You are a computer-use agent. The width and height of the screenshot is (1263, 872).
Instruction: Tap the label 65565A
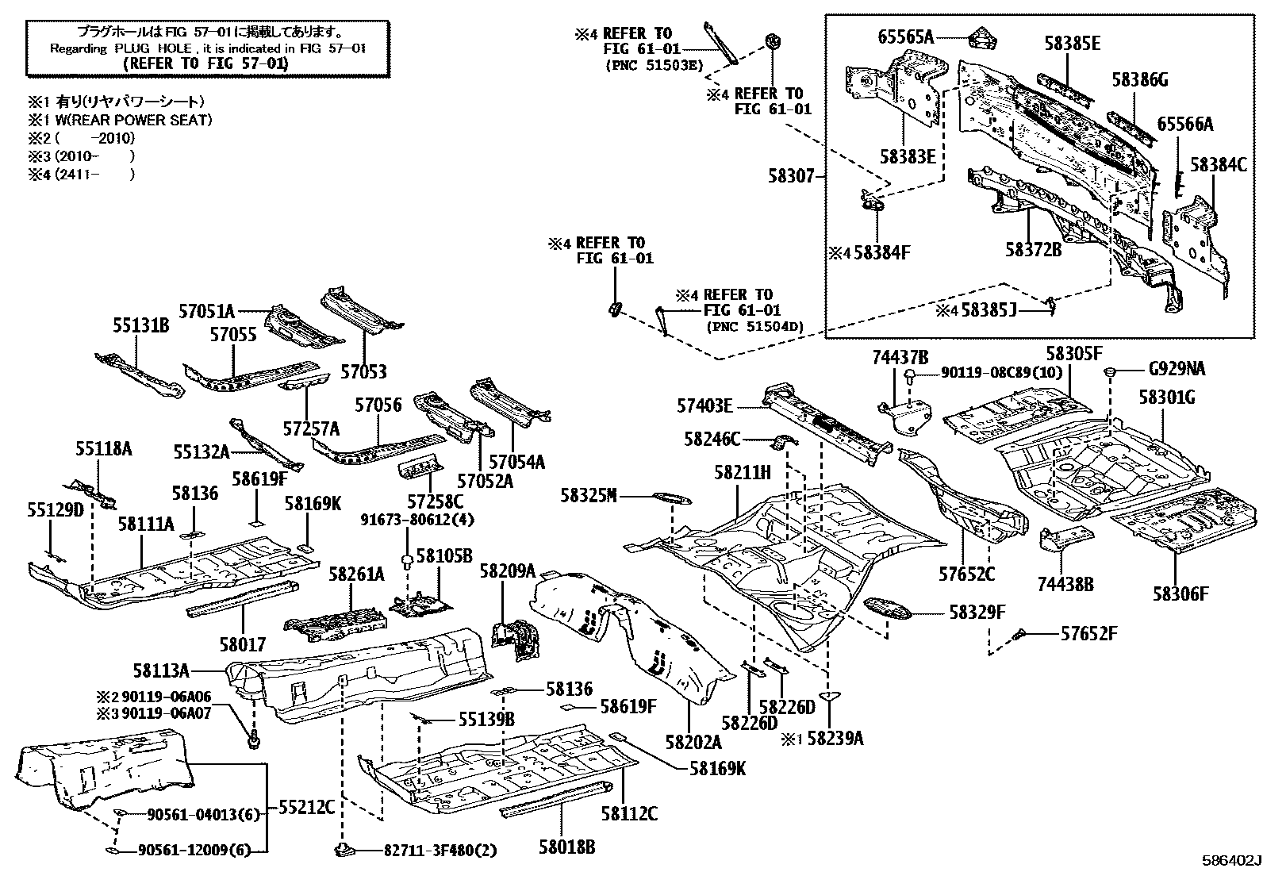coord(906,36)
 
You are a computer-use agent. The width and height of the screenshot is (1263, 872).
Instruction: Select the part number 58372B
coord(1033,249)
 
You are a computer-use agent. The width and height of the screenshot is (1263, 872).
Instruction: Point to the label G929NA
coord(1177,369)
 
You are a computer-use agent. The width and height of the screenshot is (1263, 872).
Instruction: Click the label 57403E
coord(704,406)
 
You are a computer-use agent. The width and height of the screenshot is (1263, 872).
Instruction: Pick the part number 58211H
coord(742,474)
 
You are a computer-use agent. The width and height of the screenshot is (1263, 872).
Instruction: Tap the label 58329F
coord(977,612)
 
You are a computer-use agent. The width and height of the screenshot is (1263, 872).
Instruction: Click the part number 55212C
coord(305,807)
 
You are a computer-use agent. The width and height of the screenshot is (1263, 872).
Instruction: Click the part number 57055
coord(233,335)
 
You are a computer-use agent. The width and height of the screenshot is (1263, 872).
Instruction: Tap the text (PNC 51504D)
coord(754,326)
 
